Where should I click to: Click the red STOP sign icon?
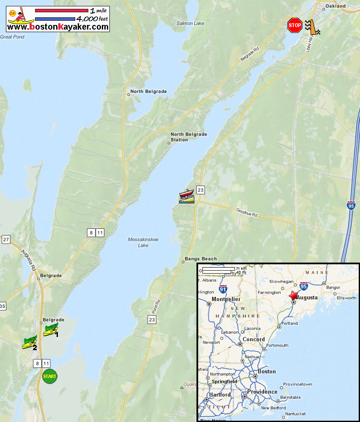(x=295, y=25)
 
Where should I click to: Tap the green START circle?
(x=50, y=376)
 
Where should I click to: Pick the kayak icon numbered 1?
(x=51, y=329)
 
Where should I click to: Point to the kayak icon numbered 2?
(x=30, y=343)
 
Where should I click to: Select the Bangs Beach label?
(x=201, y=259)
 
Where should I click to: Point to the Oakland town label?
(x=336, y=6)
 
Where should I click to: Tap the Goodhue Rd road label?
(x=247, y=212)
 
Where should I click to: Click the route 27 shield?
(x=5, y=240)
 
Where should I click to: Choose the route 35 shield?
(x=2, y=306)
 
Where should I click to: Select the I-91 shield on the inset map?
(x=223, y=289)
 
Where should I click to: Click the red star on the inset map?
(x=293, y=296)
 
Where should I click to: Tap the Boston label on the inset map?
(x=267, y=372)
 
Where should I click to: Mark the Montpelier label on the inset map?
(x=226, y=299)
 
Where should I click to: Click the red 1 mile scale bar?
(x=61, y=10)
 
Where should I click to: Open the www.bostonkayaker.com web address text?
(x=58, y=27)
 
